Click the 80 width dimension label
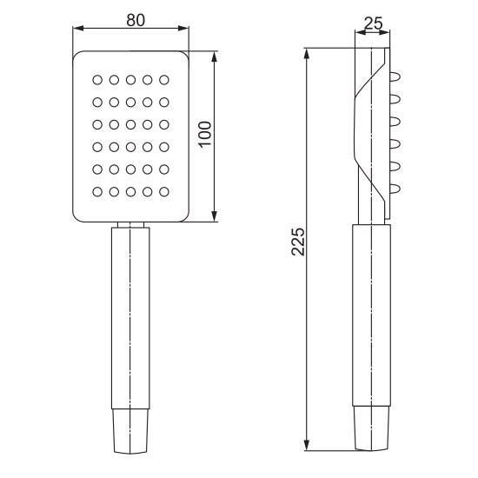pos(136,21)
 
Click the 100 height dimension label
pos(205,134)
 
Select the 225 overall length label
pos(298,242)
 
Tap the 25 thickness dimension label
pos(373,23)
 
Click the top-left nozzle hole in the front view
pos(97,80)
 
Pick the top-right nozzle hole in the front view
pos(164,80)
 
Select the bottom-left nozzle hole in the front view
pos(97,192)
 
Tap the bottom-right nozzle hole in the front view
pos(164,192)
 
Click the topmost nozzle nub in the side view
pos(395,76)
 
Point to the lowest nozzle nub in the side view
pos(395,189)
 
